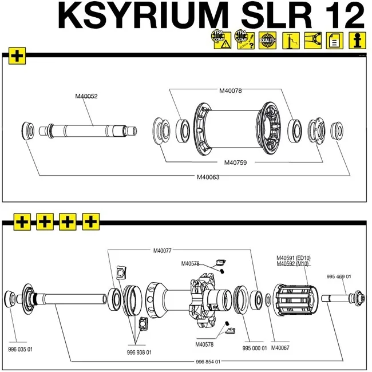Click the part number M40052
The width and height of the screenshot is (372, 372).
[x=86, y=96]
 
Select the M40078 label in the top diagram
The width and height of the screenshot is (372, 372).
[x=231, y=90]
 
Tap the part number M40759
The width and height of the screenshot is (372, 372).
[x=235, y=163]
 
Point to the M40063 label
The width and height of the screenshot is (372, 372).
[x=208, y=177]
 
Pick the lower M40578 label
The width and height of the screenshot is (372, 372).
[x=204, y=345]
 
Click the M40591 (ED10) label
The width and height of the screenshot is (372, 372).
[x=293, y=258]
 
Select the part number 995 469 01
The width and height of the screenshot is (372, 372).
[x=339, y=276]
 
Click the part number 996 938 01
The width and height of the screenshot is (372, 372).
[x=139, y=353]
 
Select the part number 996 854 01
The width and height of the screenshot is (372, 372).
[x=208, y=362]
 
